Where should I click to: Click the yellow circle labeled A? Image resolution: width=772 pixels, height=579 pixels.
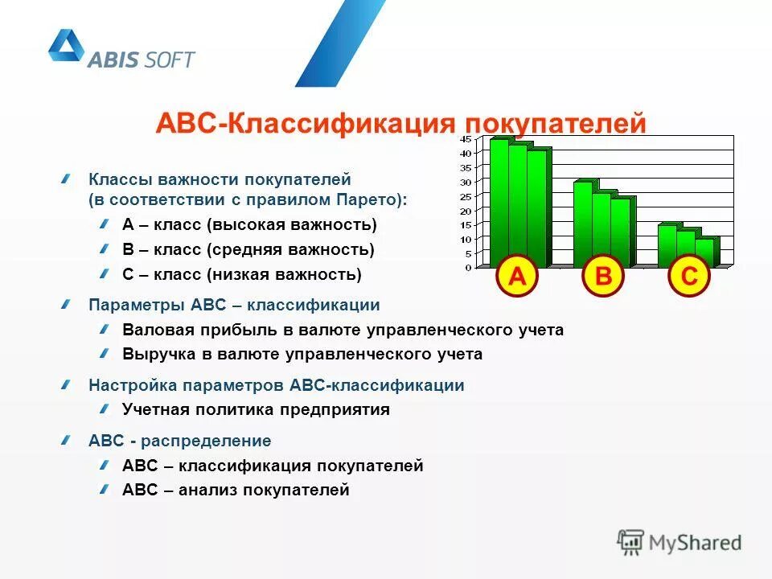pyautogui.click(x=516, y=277)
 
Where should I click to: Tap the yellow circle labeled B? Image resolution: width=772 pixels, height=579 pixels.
pyautogui.click(x=603, y=277)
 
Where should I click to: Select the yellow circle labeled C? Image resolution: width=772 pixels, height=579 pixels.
pyautogui.click(x=689, y=277)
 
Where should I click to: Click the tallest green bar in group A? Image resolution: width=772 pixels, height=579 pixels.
pyautogui.click(x=499, y=201)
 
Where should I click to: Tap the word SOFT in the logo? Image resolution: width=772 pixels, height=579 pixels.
pyautogui.click(x=170, y=59)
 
